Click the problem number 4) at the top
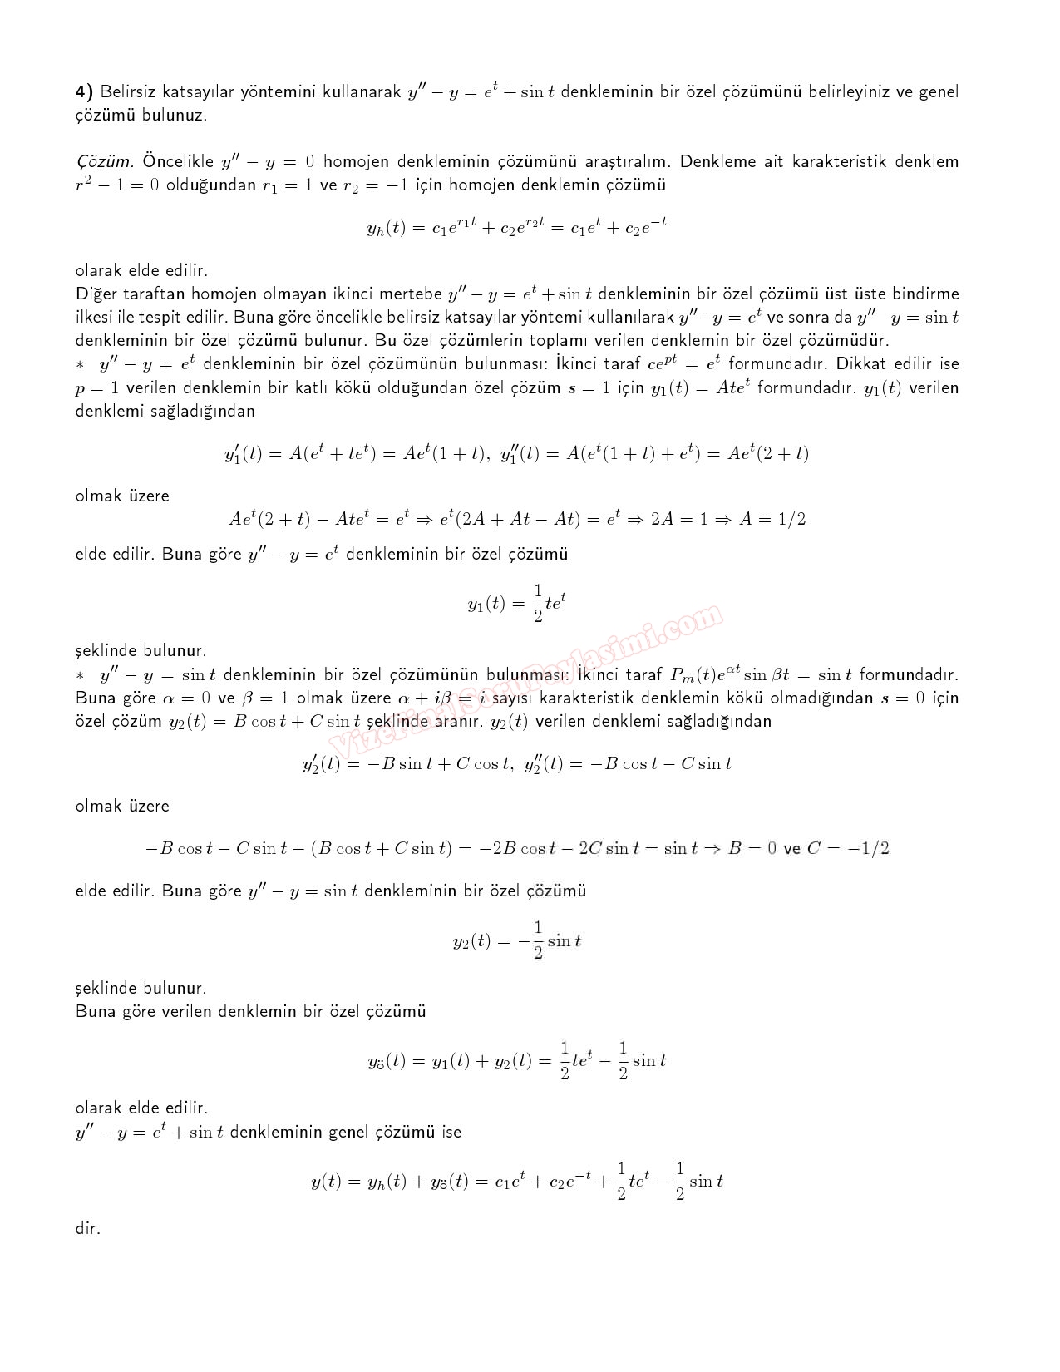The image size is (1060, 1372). point(84,91)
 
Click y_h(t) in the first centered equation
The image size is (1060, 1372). point(385,227)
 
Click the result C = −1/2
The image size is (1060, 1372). point(848,849)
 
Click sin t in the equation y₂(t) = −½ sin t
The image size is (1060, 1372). point(565,941)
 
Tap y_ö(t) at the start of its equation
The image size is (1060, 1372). point(387,1061)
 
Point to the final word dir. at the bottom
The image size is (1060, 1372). point(87,1228)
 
